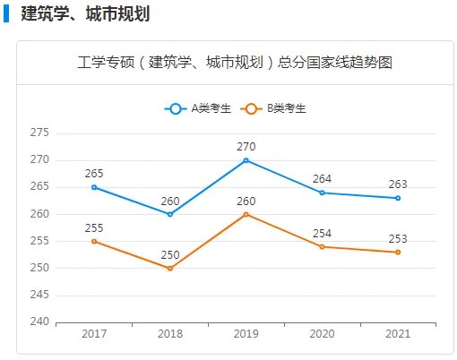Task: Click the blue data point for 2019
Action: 246,160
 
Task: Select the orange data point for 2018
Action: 170,269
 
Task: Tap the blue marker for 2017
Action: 94,187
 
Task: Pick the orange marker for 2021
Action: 398,253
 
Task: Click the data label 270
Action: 246,146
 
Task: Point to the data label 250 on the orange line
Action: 170,255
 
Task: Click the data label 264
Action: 322,178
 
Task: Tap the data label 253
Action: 398,238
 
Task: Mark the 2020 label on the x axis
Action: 322,334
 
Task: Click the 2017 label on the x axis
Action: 94,334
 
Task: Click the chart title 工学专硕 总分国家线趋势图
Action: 235,63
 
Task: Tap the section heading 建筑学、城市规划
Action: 84,13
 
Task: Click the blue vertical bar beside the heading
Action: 5,13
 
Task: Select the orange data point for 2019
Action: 246,214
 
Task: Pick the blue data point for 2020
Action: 322,193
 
